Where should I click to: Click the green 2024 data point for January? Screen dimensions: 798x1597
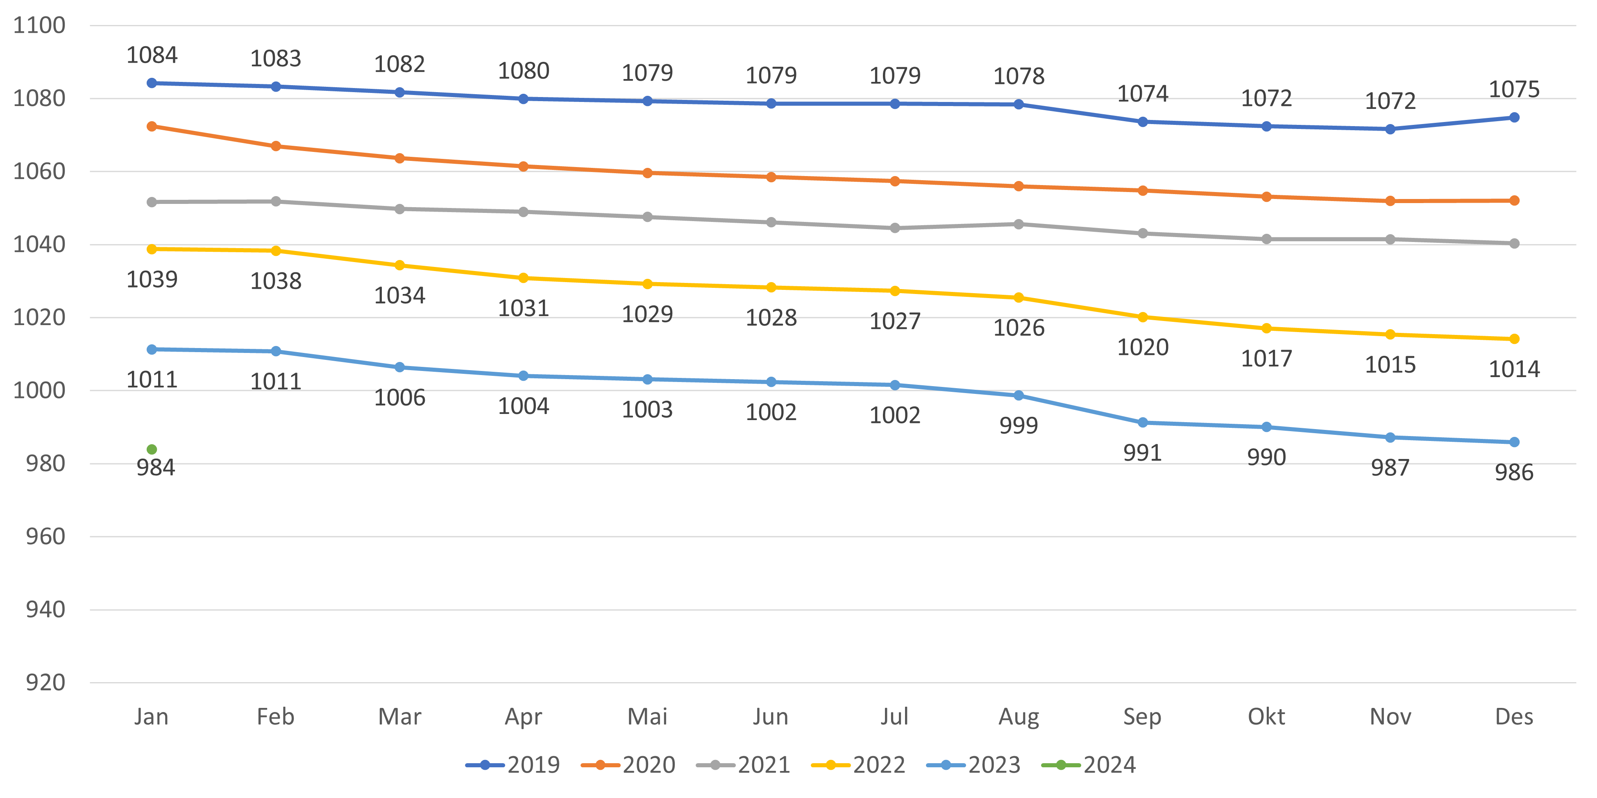pyautogui.click(x=152, y=449)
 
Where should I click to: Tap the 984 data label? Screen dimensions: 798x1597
pyautogui.click(x=156, y=468)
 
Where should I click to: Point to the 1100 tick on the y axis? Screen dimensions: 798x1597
pyautogui.click(x=39, y=25)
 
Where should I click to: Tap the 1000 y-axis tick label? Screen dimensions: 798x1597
pyautogui.click(x=39, y=390)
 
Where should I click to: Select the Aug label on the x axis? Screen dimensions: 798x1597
pyautogui.click(x=1019, y=717)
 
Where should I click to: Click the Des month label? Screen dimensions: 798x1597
pyautogui.click(x=1514, y=717)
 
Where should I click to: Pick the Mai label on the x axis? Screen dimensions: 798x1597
pyautogui.click(x=647, y=717)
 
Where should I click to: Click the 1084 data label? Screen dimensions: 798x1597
pyautogui.click(x=152, y=55)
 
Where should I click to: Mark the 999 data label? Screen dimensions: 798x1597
pyautogui.click(x=1019, y=426)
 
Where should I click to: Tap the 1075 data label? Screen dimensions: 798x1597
pyautogui.click(x=1514, y=90)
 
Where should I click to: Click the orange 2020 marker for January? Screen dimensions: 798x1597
pyautogui.click(x=152, y=127)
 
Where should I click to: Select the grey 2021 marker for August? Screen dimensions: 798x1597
pyautogui.click(x=1019, y=224)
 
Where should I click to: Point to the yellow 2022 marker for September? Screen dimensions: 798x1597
pyautogui.click(x=1143, y=317)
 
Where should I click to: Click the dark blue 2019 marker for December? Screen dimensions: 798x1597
pyautogui.click(x=1514, y=118)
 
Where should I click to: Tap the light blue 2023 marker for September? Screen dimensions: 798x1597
pyautogui.click(x=1143, y=423)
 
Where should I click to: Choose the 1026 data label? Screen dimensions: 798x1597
pyautogui.click(x=1019, y=328)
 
